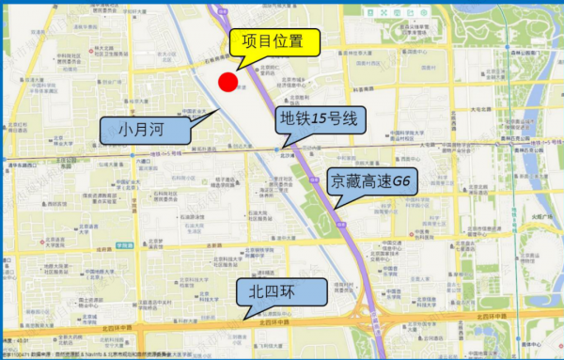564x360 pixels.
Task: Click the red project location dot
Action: [x=227, y=82]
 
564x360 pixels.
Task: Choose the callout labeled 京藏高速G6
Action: [x=369, y=181]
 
